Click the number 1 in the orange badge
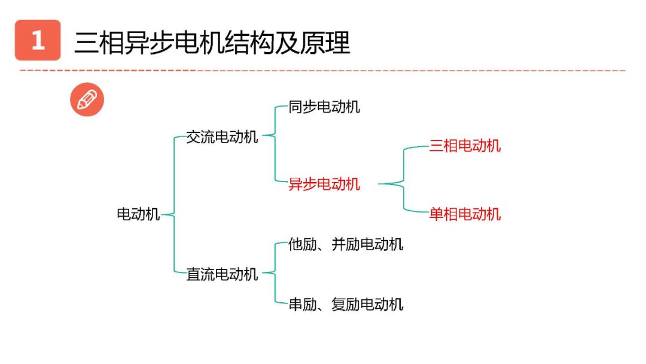[38, 41]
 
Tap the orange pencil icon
[87, 100]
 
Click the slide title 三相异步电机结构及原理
[212, 43]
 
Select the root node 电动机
[138, 214]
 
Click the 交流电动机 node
[222, 137]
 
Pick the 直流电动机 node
[222, 274]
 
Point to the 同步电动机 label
[324, 107]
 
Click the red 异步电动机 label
[324, 184]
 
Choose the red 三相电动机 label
[465, 145]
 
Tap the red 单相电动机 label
[465, 214]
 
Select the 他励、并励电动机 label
[346, 244]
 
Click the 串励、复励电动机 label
[346, 304]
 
